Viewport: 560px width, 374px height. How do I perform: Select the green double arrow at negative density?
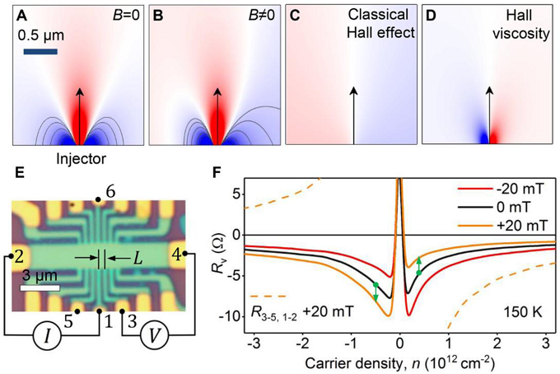pos(376,291)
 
